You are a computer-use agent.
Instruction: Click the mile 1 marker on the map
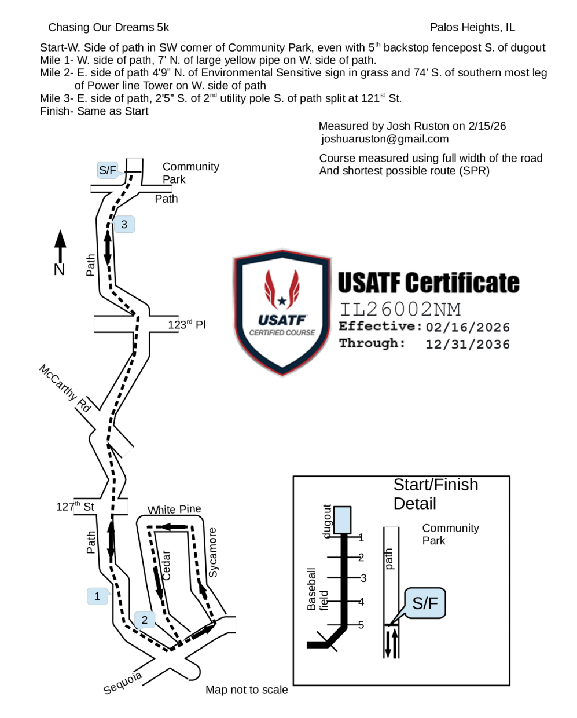(x=97, y=596)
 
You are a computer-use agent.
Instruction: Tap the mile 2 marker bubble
(x=145, y=620)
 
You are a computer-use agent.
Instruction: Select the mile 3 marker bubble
(x=124, y=224)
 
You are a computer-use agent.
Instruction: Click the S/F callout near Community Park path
(x=108, y=170)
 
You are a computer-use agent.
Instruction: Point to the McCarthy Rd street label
(x=65, y=388)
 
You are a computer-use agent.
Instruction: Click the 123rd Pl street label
(x=186, y=324)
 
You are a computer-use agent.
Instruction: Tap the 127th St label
(x=75, y=507)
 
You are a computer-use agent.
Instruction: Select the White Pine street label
(x=174, y=510)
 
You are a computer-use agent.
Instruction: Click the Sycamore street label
(x=213, y=552)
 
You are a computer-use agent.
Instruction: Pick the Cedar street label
(x=166, y=565)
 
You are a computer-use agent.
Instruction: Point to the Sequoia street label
(x=123, y=683)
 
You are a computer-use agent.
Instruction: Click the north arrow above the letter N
(x=60, y=246)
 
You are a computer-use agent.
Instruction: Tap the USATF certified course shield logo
(x=282, y=313)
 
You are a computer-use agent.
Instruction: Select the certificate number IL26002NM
(x=400, y=309)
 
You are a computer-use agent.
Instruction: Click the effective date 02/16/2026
(x=468, y=327)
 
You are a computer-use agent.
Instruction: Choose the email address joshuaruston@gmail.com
(x=385, y=139)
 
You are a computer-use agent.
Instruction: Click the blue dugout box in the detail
(x=342, y=520)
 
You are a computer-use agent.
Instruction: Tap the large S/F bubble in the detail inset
(x=425, y=603)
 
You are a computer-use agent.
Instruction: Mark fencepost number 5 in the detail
(x=361, y=625)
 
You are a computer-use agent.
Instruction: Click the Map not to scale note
(x=247, y=690)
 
